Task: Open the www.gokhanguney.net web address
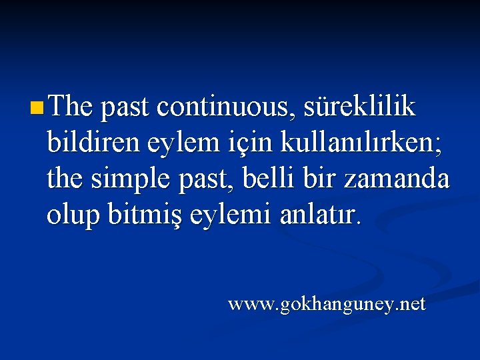[327, 305]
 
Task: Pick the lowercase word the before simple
[65, 178]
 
